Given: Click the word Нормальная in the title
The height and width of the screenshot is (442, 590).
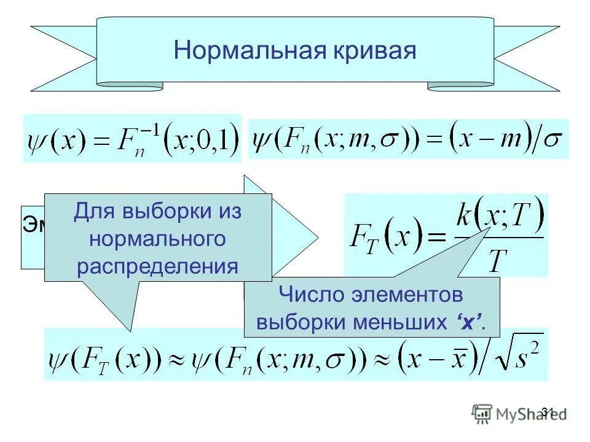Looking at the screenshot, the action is tap(248, 50).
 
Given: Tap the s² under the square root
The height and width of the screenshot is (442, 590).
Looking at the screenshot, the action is tap(525, 359).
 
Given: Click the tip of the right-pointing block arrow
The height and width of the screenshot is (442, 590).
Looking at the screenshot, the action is tap(317, 236).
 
